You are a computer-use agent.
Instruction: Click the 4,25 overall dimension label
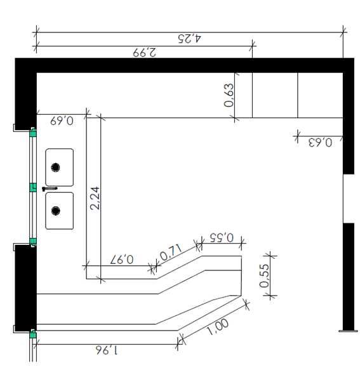[x=189, y=39]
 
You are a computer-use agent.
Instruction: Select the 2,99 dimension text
[x=144, y=52]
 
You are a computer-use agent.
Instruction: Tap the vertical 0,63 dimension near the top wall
[x=229, y=95]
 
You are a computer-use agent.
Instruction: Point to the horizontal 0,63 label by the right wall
[x=320, y=143]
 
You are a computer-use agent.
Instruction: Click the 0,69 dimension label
[x=62, y=121]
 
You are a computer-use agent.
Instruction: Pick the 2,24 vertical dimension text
[x=95, y=198]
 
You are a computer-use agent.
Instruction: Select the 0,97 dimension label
[x=122, y=260]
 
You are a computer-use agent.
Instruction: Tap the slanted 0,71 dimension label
[x=171, y=252]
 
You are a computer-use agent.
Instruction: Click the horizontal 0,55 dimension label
[x=222, y=237]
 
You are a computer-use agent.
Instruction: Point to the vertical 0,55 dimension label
[x=264, y=275]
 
